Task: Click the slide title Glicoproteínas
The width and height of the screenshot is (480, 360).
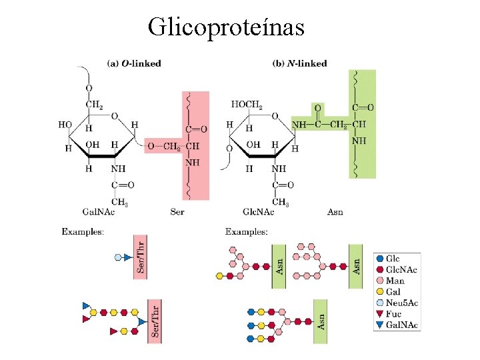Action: click(x=226, y=27)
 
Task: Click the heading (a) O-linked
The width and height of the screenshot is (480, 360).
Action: click(x=134, y=63)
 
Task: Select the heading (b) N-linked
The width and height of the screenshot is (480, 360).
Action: click(x=299, y=63)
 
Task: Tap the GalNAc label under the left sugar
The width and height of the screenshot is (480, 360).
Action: click(x=97, y=212)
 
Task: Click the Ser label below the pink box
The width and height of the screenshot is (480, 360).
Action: click(x=177, y=212)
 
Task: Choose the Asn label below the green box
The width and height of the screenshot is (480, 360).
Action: click(x=335, y=212)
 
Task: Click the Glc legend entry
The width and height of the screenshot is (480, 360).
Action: click(x=393, y=259)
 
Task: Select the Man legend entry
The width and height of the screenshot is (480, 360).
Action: click(x=395, y=281)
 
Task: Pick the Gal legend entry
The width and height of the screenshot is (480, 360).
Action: click(x=393, y=292)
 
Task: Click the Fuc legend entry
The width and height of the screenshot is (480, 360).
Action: click(x=393, y=314)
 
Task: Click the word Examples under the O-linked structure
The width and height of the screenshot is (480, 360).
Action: click(x=83, y=231)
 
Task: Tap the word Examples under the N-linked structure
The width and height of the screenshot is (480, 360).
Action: click(x=247, y=231)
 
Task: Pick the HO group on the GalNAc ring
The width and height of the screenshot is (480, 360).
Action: click(x=65, y=125)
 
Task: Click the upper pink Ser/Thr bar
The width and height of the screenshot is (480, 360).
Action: click(x=140, y=257)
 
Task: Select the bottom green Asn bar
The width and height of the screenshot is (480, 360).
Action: click(x=321, y=321)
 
